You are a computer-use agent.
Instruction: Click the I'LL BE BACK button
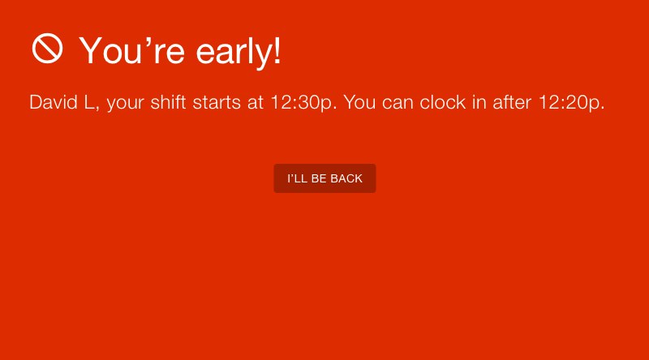pyautogui.click(x=325, y=178)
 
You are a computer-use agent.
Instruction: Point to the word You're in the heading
pyautogui.click(x=132, y=50)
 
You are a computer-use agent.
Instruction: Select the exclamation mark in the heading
pyautogui.click(x=277, y=49)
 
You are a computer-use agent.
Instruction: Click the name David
pyautogui.click(x=54, y=102)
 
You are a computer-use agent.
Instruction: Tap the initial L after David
pyautogui.click(x=89, y=102)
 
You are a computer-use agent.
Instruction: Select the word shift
pyautogui.click(x=168, y=102)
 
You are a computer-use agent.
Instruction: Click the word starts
pyautogui.click(x=217, y=102)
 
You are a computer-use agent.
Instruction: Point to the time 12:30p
pyautogui.click(x=302, y=103)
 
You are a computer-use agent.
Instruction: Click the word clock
pyautogui.click(x=443, y=102)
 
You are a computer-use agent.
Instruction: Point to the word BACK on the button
pyautogui.click(x=346, y=178)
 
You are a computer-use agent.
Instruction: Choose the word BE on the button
pyautogui.click(x=319, y=178)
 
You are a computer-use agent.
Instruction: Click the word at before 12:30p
pyautogui.click(x=256, y=103)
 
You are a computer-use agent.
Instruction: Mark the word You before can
pyautogui.click(x=359, y=102)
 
